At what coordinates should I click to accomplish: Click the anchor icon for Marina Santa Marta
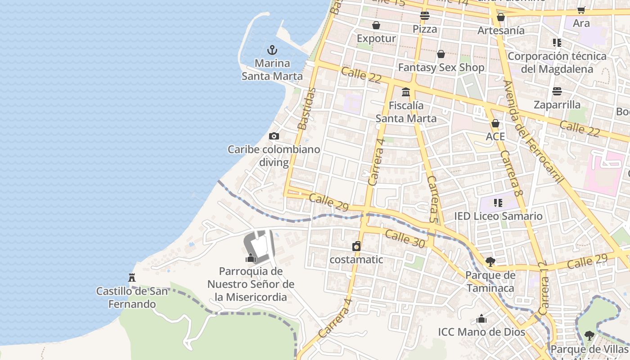pos(272,49)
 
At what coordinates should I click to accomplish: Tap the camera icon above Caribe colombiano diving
pos(274,136)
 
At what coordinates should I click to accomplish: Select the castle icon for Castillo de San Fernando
pos(132,277)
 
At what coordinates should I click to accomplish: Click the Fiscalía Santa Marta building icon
pos(406,92)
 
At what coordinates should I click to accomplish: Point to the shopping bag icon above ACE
pos(495,123)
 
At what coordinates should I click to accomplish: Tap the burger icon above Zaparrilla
pos(557,91)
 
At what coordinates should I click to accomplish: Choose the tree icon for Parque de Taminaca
pos(490,261)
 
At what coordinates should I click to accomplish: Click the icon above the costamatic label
pos(356,246)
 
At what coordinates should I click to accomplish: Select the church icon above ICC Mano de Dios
pos(481,319)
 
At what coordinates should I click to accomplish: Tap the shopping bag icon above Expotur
pos(376,25)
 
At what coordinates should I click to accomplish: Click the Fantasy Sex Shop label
pos(441,68)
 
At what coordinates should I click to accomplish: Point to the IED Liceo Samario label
pos(498,216)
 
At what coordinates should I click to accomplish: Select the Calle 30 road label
pos(405,239)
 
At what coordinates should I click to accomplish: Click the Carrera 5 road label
pos(433,199)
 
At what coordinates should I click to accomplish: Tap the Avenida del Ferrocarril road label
pos(534,132)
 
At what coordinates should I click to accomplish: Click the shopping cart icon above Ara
pos(581,10)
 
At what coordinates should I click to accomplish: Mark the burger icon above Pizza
pos(424,16)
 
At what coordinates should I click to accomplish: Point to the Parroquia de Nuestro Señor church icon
pos(251,258)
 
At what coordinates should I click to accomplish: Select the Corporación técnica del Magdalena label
pos(557,63)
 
